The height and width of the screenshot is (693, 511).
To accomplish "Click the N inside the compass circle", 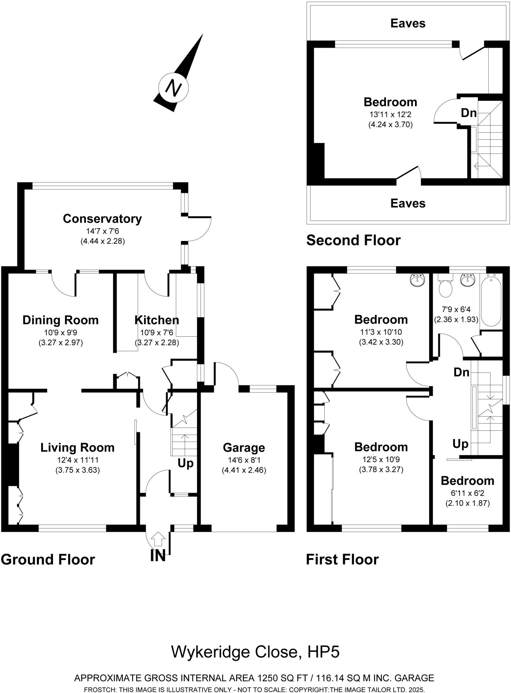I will [x=173, y=88].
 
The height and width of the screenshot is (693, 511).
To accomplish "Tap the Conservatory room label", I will [x=102, y=219].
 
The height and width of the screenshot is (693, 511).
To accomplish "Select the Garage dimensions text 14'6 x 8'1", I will [x=243, y=460].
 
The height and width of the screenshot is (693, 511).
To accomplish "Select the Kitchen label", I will [x=157, y=320].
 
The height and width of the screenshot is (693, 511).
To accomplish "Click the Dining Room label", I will [x=60, y=320].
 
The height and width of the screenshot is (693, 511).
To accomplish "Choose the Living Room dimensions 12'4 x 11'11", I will [x=77, y=460].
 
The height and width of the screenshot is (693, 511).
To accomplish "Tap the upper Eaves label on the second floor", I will [x=408, y=23].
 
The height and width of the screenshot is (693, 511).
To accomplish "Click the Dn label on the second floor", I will [x=468, y=113].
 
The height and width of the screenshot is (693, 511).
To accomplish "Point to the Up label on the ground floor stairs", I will [x=185, y=463].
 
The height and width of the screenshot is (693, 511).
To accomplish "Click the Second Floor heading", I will [x=353, y=240].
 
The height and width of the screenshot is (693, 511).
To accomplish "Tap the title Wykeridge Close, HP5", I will [x=255, y=651].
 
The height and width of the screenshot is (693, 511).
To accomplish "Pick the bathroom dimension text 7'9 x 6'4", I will [x=456, y=309].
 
